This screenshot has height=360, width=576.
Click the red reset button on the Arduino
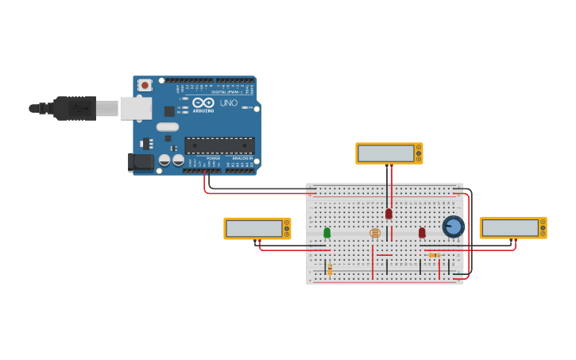tap(145, 84)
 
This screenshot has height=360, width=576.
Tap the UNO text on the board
tap(228, 103)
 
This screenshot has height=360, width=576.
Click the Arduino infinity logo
tap(203, 102)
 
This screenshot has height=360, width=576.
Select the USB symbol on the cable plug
tap(79, 107)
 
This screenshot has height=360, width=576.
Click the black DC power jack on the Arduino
tap(141, 161)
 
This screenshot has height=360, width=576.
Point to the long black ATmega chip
tap(220, 145)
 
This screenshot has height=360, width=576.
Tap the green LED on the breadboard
tap(327, 233)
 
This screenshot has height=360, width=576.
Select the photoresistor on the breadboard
tap(375, 233)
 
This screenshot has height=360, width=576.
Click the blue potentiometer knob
tap(453, 226)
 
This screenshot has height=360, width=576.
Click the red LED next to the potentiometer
tap(422, 233)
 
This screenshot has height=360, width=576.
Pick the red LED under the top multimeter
tap(389, 213)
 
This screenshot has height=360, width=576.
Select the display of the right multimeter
tap(510, 227)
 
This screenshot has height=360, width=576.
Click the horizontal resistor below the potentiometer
tap(435, 255)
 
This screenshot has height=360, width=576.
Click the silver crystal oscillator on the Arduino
tap(168, 126)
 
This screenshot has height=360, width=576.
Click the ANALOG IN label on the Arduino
tap(242, 158)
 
